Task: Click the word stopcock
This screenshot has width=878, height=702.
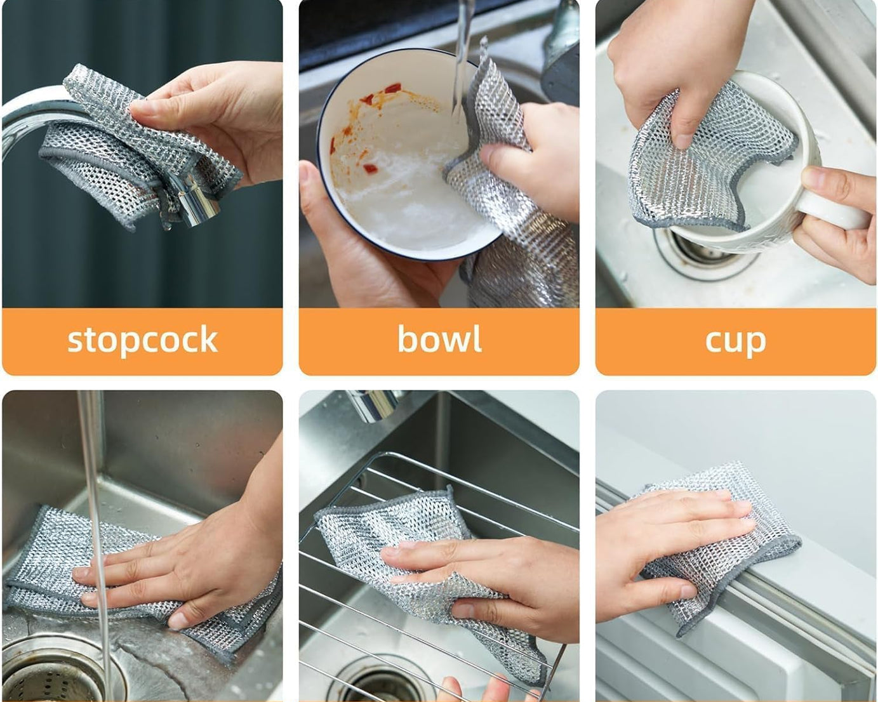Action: tap(142, 340)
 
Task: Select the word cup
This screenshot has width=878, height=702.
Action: tap(735, 341)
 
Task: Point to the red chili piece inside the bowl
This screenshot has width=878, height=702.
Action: tap(370, 168)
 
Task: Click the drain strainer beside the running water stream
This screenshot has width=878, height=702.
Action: tap(44, 673)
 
